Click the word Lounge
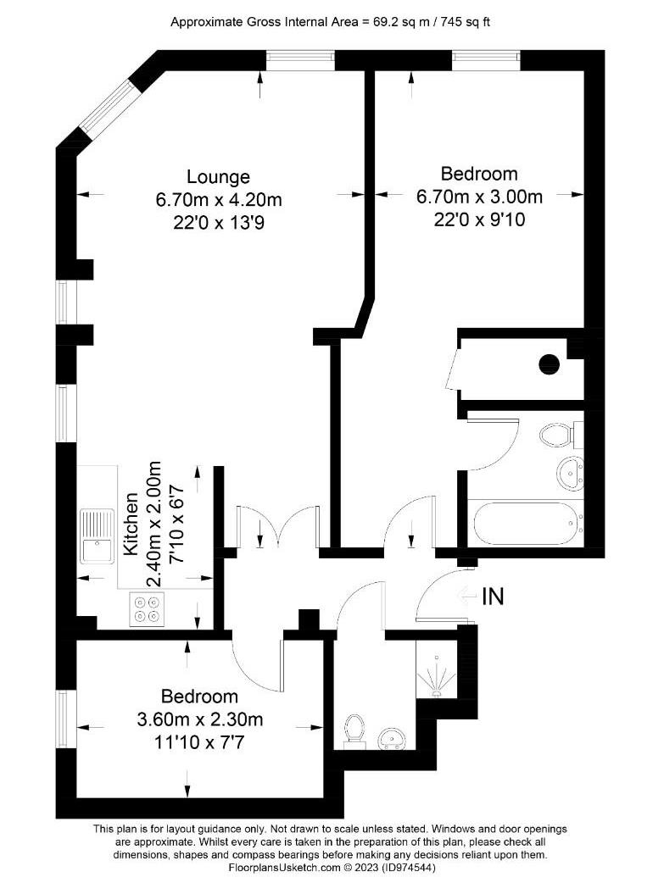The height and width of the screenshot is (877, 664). tap(218, 177)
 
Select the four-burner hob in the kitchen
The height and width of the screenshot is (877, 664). tap(147, 610)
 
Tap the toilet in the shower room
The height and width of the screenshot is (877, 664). tap(354, 730)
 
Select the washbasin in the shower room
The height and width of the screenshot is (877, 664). tap(392, 738)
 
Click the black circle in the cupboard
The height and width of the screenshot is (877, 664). tap(550, 364)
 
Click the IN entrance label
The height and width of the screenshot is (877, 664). tap(493, 597)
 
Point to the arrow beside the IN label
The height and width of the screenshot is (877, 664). tap(466, 597)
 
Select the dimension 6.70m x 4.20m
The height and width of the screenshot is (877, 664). tap(218, 201)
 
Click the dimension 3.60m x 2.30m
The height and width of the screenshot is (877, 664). tap(200, 720)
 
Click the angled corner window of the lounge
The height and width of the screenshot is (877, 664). tap(106, 107)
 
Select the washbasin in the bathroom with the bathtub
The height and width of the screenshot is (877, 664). tap(567, 472)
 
